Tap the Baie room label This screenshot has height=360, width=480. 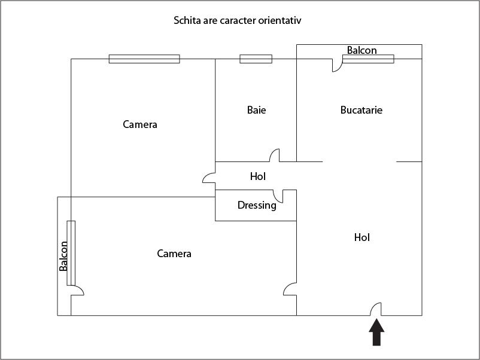pos(256,110)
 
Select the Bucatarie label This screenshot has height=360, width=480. pos(361,110)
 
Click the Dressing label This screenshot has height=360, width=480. pos(257,205)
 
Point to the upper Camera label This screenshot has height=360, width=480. pos(140,124)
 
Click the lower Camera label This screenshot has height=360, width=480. pos(174,254)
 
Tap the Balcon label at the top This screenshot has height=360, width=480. pos(362,50)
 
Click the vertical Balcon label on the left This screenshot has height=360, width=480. pos(63,256)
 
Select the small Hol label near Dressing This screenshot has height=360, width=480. pos(258,176)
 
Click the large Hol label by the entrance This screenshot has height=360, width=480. pos(362,237)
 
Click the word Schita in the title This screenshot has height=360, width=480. pos(186,20)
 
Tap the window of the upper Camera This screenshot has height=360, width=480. pos(144,59)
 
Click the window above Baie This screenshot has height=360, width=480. pos(256,59)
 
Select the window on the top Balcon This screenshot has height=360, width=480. pos(368,59)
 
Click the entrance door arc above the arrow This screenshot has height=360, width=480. pos(376,309)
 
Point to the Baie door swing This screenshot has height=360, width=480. pos(275,155)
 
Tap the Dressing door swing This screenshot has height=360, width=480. pos(278,196)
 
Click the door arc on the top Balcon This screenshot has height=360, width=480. pos(338,65)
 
